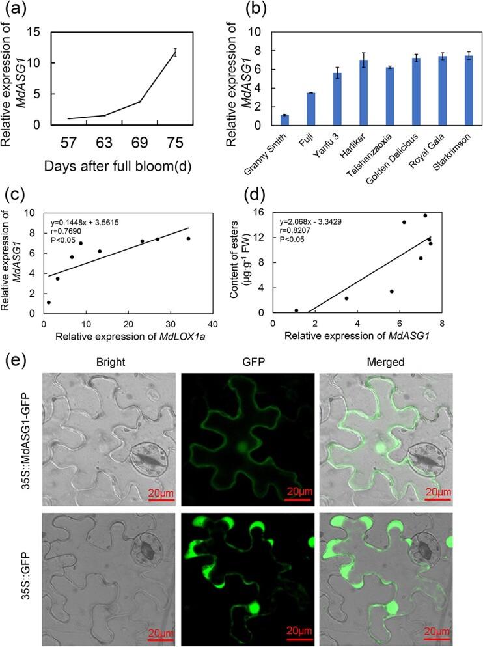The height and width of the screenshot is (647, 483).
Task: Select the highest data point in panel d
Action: tap(425, 215)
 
